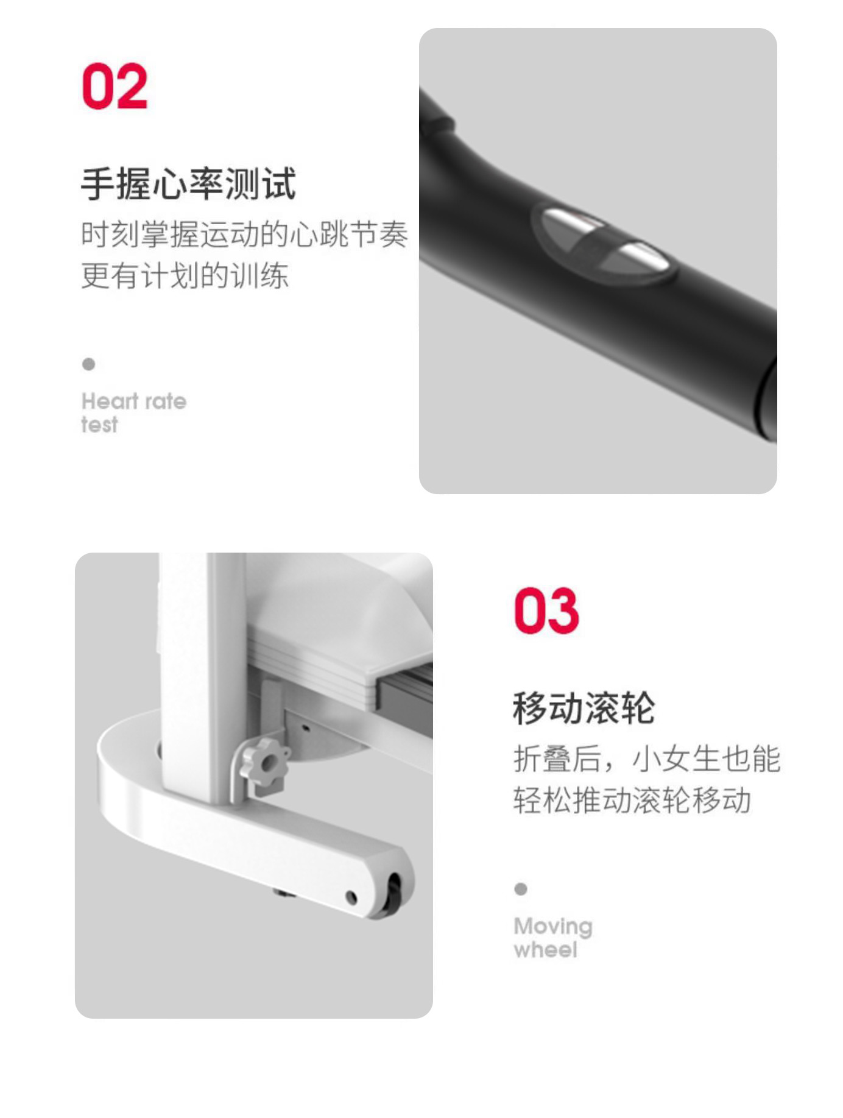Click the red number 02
pos(115,86)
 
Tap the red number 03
pos(546,610)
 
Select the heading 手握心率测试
pos(188,183)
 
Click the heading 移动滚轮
pos(584,708)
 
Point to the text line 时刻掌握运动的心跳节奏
pos(244,235)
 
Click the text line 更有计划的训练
pos(185,275)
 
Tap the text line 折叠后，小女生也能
pos(647,759)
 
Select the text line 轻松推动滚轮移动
pos(632,800)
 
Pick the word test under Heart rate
pos(99,425)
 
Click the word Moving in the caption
pos(553,927)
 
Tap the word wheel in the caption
pos(546,950)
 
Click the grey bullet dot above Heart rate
pos(88,364)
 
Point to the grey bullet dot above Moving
pos(521,889)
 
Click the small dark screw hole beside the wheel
pos(351,897)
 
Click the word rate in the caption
pos(166,401)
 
